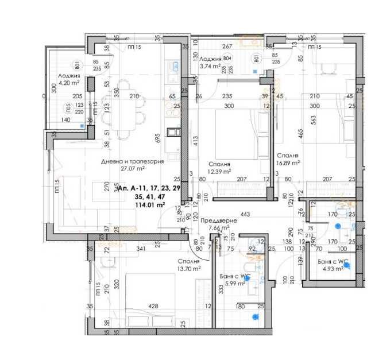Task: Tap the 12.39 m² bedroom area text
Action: [x=219, y=171]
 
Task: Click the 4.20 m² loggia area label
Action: [x=68, y=83]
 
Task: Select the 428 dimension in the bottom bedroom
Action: [x=153, y=306]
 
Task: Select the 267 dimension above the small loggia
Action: [x=227, y=47]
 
